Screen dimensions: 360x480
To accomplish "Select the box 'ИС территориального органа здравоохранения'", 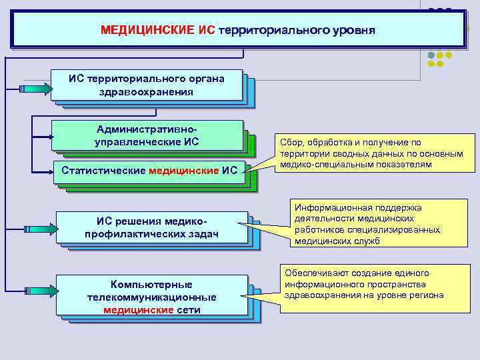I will coord(147,85).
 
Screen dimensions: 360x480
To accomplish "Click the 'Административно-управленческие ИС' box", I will coord(147,135).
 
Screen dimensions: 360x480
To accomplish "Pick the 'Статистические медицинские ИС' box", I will coord(149,171).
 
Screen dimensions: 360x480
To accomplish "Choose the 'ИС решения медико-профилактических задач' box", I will coord(152,227).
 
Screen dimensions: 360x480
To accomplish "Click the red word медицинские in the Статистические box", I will coord(184,171).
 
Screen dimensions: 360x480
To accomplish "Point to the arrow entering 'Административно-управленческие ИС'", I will coord(42,138).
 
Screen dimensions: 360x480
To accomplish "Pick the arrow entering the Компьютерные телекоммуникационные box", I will coord(42,294).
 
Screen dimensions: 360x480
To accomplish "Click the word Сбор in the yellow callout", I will coord(291,142).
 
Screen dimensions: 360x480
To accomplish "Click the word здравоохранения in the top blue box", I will coord(147,92).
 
